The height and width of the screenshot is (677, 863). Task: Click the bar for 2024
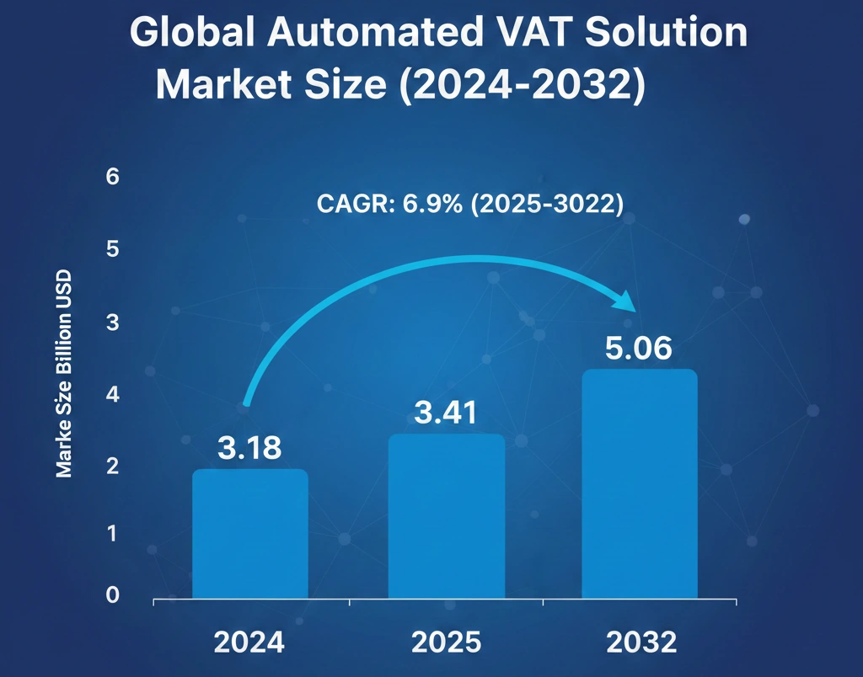point(249,534)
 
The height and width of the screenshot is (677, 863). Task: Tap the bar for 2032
point(641,484)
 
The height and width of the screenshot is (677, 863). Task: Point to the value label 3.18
point(249,448)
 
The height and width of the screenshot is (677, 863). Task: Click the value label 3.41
point(446,413)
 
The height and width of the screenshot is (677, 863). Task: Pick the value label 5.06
point(641,349)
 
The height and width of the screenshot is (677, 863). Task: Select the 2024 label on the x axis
point(249,642)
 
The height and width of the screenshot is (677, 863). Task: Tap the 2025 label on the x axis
point(446,642)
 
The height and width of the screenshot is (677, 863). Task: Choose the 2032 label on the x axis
point(641,642)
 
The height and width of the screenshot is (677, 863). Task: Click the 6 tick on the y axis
point(114,177)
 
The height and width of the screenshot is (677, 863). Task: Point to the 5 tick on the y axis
point(114,249)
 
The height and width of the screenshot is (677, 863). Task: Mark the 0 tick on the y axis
point(114,595)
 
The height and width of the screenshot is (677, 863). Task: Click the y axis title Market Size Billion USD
point(64,374)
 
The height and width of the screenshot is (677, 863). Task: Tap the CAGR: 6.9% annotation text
point(469,205)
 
